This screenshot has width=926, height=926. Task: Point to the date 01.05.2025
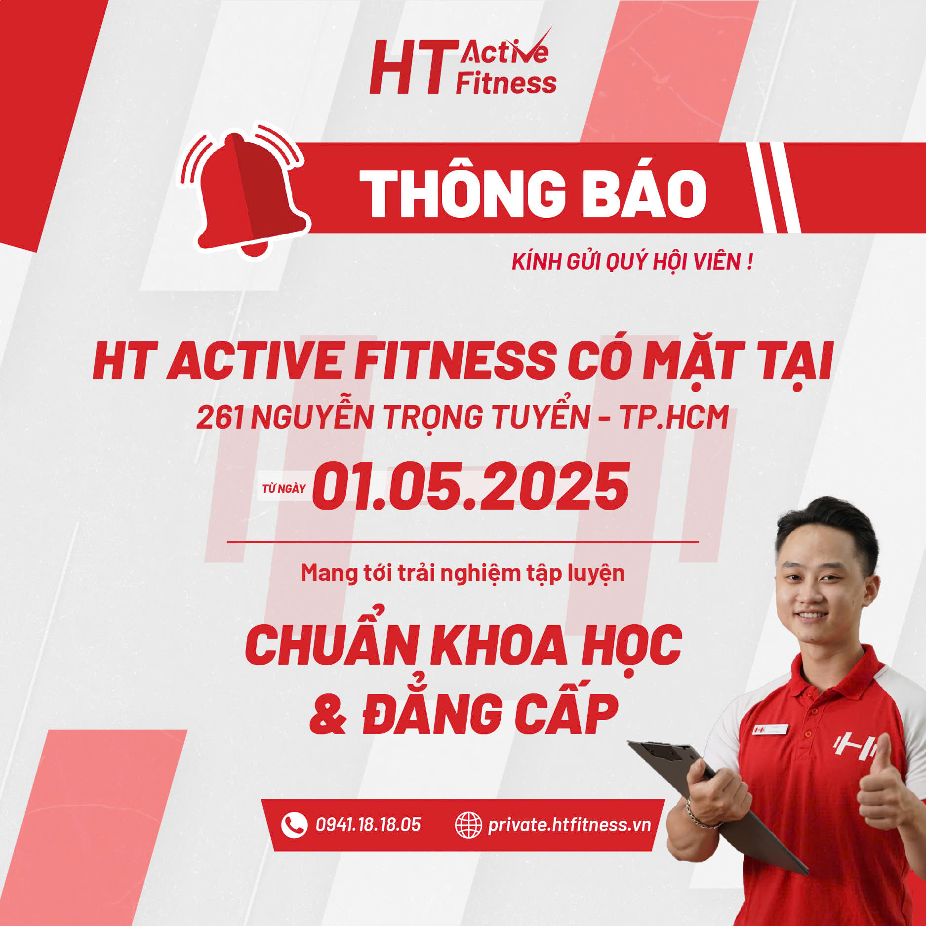coord(471,486)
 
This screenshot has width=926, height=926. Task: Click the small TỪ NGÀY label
coord(283,489)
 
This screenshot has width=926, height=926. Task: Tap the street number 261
coord(220,417)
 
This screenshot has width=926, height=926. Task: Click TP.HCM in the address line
coord(675,417)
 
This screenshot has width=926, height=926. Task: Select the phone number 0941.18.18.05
coord(368,825)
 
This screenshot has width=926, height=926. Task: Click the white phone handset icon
coord(293,825)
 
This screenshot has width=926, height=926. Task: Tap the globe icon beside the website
coord(468,825)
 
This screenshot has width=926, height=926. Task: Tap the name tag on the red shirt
coord(770,729)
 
